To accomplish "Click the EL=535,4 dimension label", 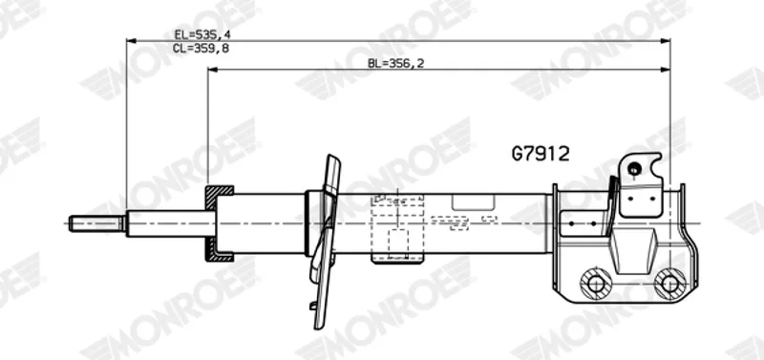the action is pos(201,34).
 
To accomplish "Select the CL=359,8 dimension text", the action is pos(201,48).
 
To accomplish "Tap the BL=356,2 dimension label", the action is pos(395,63).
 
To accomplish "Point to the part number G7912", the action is pos(541,154).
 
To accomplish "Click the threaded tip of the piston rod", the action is pos(96,223).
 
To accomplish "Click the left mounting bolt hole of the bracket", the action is pos(596,284).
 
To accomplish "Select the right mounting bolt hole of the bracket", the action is pos(670,284).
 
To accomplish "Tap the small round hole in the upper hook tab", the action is pos(634,170).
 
